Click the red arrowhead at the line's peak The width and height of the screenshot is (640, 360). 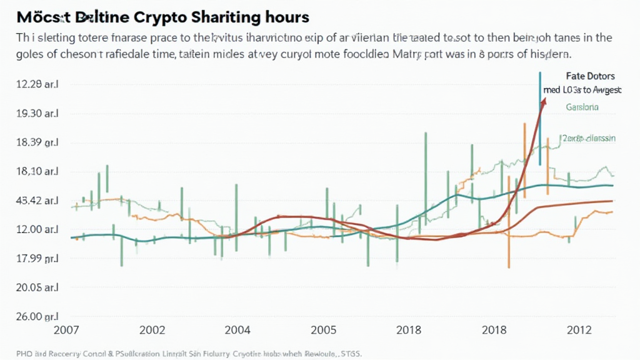543,102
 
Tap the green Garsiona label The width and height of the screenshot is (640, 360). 582,107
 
